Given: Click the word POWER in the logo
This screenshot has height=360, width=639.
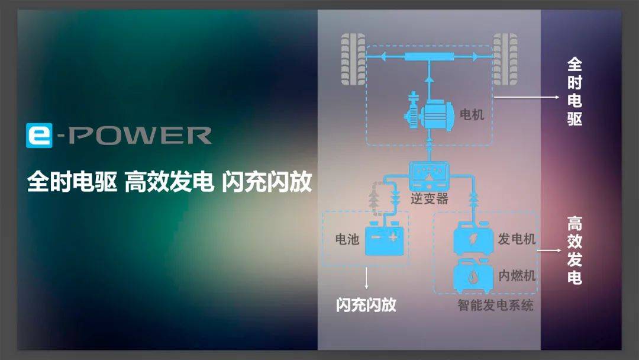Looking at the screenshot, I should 138,136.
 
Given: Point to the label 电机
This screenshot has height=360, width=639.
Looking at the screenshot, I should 472,114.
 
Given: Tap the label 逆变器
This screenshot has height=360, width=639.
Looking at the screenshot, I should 430,199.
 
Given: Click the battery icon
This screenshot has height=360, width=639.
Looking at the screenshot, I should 385,240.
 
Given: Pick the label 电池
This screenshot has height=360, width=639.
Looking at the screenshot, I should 347,240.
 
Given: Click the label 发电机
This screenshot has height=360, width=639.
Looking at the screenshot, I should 517,239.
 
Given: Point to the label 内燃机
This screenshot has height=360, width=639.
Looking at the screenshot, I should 517,275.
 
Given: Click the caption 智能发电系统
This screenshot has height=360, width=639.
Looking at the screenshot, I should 495,306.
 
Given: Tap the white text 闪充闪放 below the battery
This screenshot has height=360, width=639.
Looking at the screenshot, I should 366,306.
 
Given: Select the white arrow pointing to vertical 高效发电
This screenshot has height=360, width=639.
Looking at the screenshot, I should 549,250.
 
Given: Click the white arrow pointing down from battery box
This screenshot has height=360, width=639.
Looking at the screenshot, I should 367,278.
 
